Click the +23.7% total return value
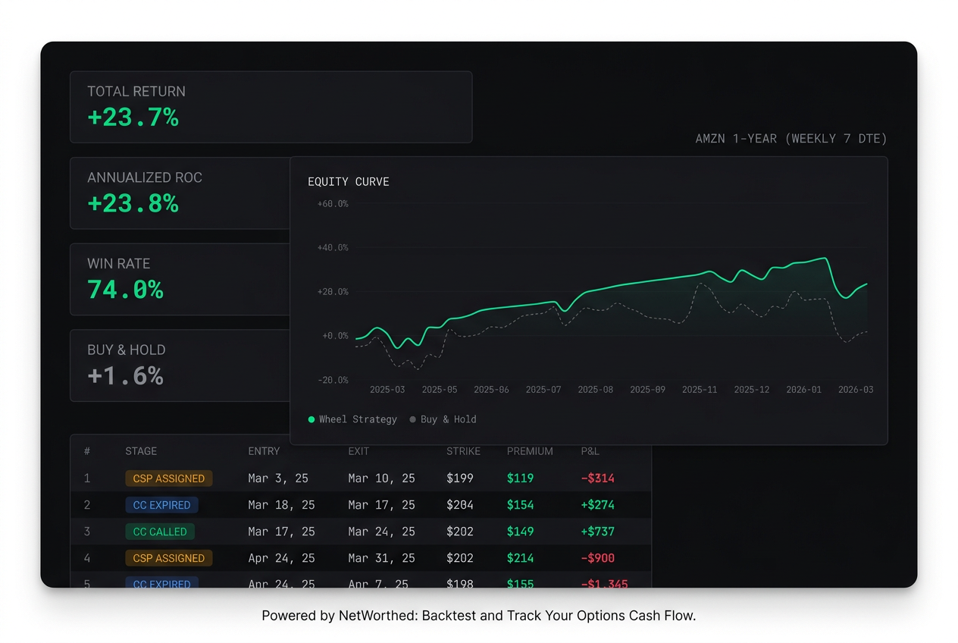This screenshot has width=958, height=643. pyautogui.click(x=133, y=118)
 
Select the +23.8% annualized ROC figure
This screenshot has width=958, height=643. pyautogui.click(x=133, y=204)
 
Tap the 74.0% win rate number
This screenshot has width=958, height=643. pyautogui.click(x=125, y=290)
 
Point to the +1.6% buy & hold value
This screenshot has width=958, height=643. pyautogui.click(x=125, y=376)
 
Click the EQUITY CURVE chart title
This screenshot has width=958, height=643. pyautogui.click(x=348, y=182)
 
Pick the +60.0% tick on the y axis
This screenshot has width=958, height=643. pyautogui.click(x=333, y=204)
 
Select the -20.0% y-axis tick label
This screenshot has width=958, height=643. pyautogui.click(x=333, y=380)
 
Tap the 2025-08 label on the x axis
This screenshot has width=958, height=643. pyautogui.click(x=595, y=390)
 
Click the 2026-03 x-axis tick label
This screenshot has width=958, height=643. pyautogui.click(x=855, y=390)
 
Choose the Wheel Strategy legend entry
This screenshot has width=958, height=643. pyautogui.click(x=352, y=419)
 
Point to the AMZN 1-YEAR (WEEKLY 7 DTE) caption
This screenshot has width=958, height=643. pyautogui.click(x=791, y=139)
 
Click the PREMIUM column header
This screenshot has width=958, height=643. pyautogui.click(x=530, y=451)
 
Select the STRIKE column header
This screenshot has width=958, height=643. pyautogui.click(x=463, y=451)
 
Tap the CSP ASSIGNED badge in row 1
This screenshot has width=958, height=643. pyautogui.click(x=168, y=478)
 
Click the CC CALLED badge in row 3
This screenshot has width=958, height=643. pyautogui.click(x=159, y=532)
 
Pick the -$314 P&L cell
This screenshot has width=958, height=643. pyautogui.click(x=597, y=478)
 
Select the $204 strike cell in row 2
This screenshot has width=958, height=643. pyautogui.click(x=460, y=505)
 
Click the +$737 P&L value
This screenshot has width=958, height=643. pyautogui.click(x=597, y=532)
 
